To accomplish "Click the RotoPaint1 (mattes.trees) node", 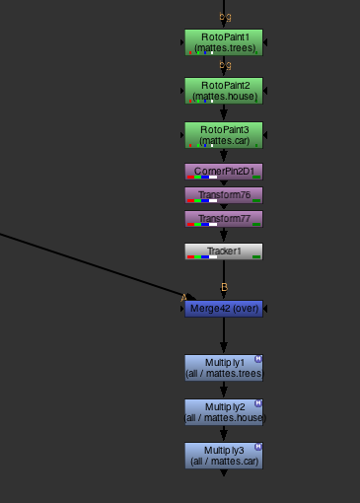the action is (224, 41).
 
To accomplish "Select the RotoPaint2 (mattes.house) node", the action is (224, 91).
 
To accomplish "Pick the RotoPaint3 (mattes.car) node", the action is (224, 135).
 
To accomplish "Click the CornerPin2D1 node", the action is (224, 172).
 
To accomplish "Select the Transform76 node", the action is (224, 195).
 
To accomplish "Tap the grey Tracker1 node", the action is (224, 251).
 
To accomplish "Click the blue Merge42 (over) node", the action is (224, 309).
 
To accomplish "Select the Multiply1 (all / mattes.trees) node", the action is (224, 368).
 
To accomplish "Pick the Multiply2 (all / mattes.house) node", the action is (224, 411).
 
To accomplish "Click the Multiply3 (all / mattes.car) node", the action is (224, 455).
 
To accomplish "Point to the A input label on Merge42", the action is (183, 296).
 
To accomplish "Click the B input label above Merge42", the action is (225, 287).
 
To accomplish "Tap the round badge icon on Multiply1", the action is (258, 359).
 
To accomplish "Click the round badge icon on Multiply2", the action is (258, 402).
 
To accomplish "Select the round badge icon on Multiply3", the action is (258, 446).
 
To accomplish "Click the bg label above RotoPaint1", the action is (225, 17).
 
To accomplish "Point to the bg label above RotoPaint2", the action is (225, 65).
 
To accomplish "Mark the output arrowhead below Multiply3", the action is (224, 473).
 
